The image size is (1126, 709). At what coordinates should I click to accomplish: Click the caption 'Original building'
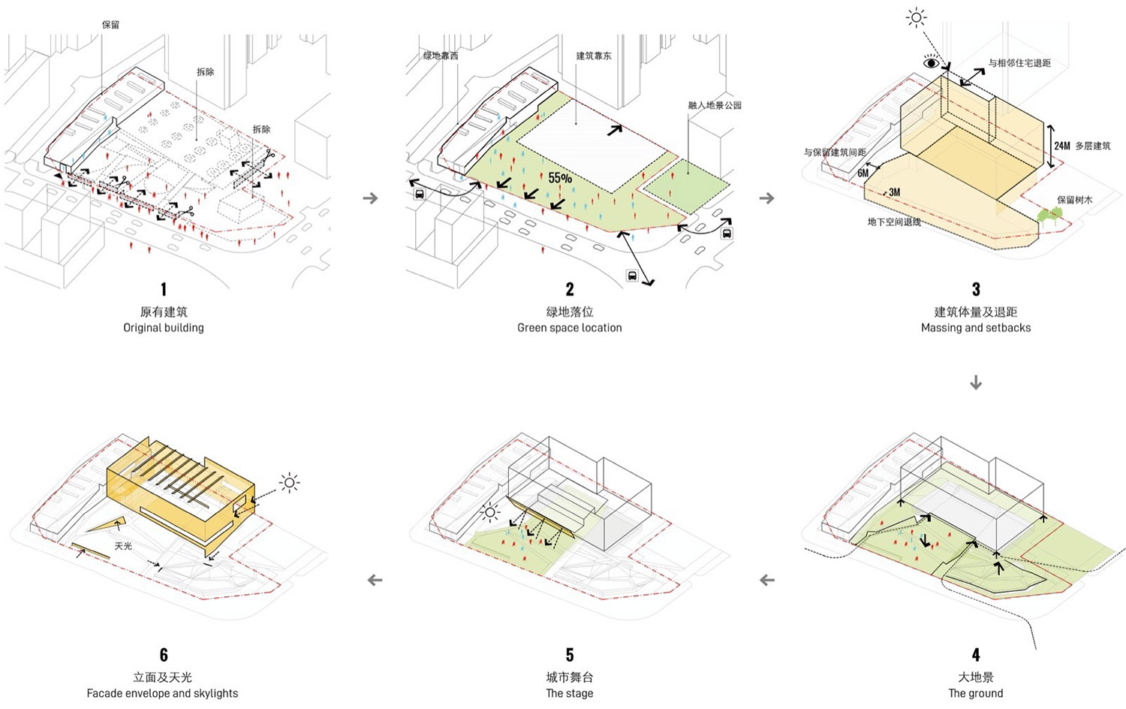(x=164, y=327)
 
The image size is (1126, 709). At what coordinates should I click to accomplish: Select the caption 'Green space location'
(x=569, y=327)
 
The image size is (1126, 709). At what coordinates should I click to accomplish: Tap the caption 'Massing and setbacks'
(x=975, y=327)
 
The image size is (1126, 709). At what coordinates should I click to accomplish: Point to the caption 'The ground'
(x=975, y=693)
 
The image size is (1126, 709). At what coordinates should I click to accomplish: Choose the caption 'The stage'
(x=569, y=693)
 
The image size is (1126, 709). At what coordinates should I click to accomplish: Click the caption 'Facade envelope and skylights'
(x=162, y=693)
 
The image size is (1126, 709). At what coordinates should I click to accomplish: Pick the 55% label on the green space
(x=559, y=178)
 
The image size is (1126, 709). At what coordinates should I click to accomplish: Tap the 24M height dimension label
(x=1061, y=146)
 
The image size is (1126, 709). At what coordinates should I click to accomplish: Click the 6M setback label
(x=863, y=173)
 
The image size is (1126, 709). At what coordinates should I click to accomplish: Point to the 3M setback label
(x=894, y=192)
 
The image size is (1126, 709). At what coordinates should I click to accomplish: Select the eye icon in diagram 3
(x=931, y=63)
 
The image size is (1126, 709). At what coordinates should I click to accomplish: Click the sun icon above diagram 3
(x=916, y=17)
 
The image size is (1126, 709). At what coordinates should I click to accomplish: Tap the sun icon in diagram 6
(x=290, y=482)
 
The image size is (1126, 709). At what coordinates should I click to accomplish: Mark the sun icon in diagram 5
(x=490, y=513)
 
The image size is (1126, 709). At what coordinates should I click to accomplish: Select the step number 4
(x=975, y=655)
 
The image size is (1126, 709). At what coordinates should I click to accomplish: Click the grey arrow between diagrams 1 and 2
(x=369, y=198)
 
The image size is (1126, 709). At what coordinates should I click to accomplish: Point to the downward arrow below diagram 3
(x=975, y=383)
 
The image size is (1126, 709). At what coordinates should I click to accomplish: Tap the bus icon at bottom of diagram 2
(x=632, y=276)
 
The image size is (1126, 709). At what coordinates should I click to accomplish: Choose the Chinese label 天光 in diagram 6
(x=123, y=546)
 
